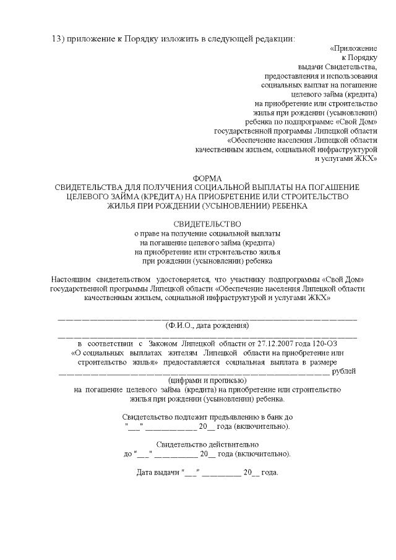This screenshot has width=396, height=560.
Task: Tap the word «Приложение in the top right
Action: [x=354, y=48]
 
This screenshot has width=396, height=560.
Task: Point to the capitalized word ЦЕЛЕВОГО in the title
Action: [x=92, y=196]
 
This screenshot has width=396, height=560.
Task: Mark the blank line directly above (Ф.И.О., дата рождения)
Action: [x=207, y=317]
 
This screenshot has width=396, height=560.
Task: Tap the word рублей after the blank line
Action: [x=344, y=371]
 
